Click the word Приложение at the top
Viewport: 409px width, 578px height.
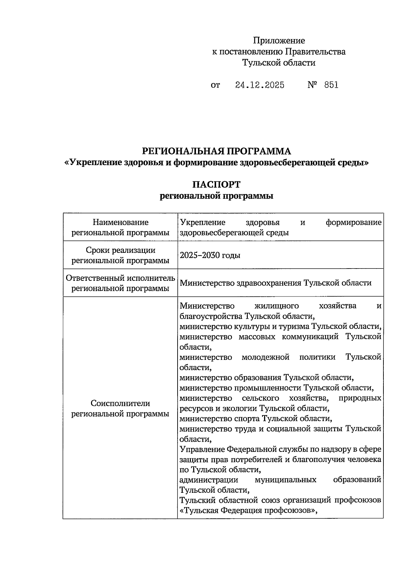[x=279, y=41]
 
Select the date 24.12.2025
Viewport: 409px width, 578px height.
[x=260, y=85]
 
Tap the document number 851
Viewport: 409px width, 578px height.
[x=331, y=85]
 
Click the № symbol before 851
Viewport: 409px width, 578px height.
[x=313, y=85]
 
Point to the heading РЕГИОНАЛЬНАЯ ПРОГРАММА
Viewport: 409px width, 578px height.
[x=216, y=151]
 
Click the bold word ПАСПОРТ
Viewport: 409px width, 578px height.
[x=216, y=184]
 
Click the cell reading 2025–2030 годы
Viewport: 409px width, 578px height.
[x=210, y=255]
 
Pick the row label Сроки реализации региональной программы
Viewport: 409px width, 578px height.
[x=120, y=255]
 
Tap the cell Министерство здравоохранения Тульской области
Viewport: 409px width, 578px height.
[x=275, y=283]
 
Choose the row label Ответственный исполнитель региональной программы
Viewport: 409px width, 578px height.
[x=120, y=283]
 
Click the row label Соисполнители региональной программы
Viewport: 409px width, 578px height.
[x=120, y=408]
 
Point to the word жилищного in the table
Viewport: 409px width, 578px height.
[x=277, y=306]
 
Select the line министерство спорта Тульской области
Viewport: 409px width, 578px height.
[x=256, y=418]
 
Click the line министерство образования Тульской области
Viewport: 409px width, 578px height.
[x=267, y=378]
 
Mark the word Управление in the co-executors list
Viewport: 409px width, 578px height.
[x=202, y=449]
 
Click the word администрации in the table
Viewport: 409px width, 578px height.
[x=209, y=480]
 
